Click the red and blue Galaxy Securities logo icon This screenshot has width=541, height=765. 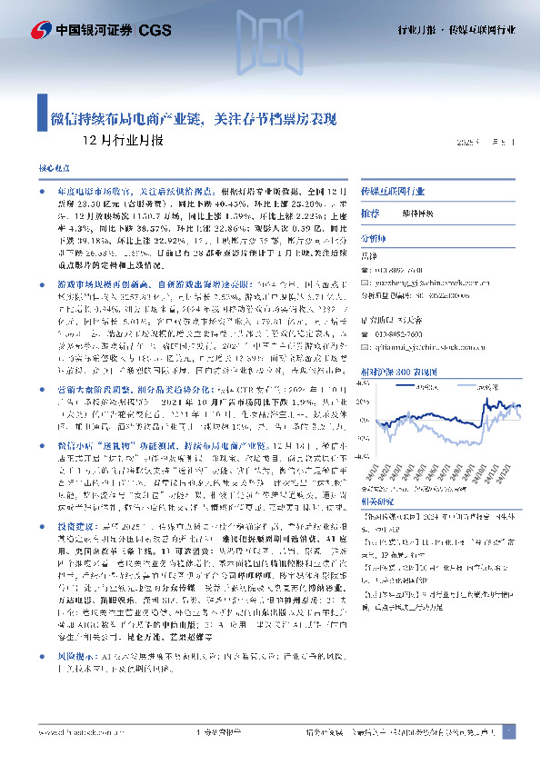[41, 31]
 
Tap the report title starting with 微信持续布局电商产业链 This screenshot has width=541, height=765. [193, 119]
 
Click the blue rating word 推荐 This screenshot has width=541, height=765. [370, 213]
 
